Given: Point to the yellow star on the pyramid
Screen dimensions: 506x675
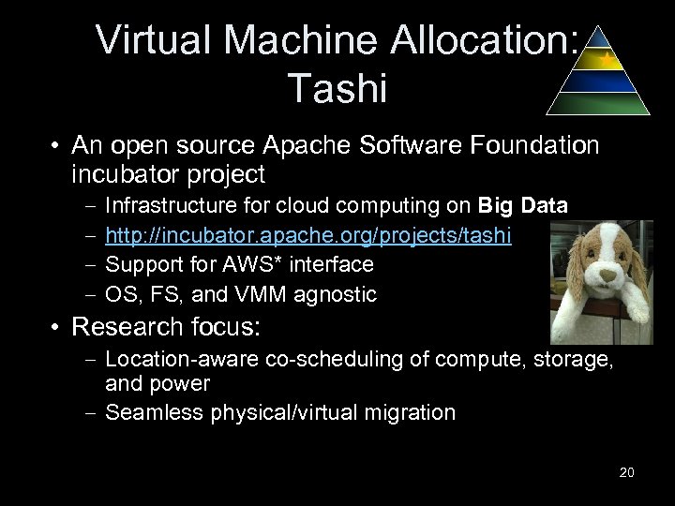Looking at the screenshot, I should coord(608,59).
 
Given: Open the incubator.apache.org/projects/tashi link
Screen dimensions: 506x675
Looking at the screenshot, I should coord(308,236).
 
